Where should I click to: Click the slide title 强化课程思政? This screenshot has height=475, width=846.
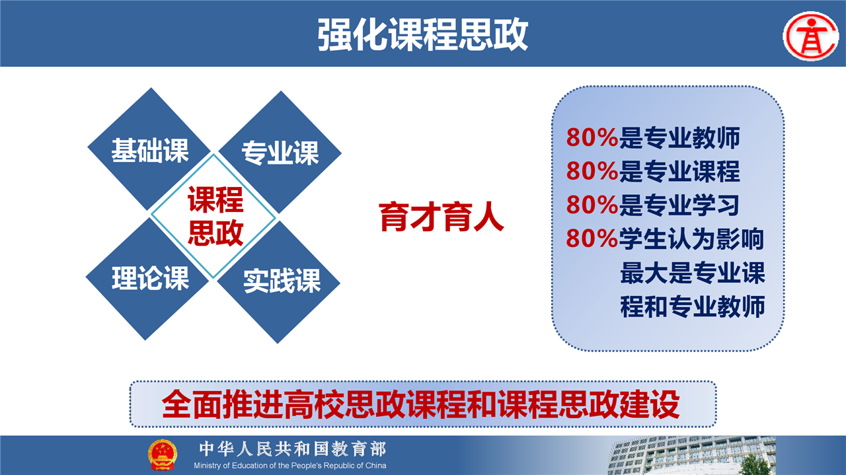pos(422,35)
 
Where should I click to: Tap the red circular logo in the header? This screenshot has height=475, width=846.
pos(811,36)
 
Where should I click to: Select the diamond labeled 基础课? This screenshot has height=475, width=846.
pos(149,149)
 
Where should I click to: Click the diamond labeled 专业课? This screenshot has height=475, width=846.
pos(280,152)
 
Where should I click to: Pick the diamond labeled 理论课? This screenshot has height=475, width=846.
pos(147,279)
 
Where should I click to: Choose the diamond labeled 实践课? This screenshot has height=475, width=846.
pos(279,281)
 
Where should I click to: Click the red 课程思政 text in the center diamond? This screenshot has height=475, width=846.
pos(215,216)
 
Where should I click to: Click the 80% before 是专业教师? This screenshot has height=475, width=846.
pos(592,137)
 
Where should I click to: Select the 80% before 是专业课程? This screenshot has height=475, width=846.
pos(592,170)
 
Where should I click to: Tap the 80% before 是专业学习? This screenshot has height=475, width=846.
pos(592,205)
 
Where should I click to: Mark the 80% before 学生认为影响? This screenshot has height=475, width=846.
pos(592,238)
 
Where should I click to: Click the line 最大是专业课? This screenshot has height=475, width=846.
pos(693,273)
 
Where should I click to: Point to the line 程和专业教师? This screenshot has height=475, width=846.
pos(693,307)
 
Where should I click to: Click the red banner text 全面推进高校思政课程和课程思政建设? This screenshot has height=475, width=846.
pos(421,404)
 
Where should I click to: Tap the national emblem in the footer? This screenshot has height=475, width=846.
pos(163,455)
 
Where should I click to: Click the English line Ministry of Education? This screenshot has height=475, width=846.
pos(290,466)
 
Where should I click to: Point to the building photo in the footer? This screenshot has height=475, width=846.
pos(691,455)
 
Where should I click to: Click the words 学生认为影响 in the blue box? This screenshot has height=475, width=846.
pos(691,238)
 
